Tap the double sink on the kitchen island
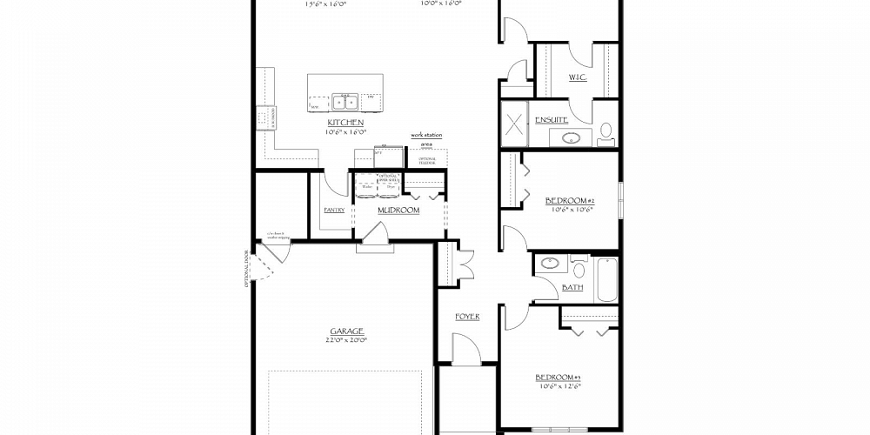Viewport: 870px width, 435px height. point(345,101)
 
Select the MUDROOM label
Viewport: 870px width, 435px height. point(398,210)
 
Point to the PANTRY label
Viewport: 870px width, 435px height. point(334,210)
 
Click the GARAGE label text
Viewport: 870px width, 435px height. point(345,331)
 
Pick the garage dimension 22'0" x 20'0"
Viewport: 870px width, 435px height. point(345,339)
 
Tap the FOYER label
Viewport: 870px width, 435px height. point(467,316)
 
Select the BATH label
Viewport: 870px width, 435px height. point(572,286)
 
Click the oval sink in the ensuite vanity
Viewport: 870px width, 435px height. point(574,137)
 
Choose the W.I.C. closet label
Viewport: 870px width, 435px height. point(578,77)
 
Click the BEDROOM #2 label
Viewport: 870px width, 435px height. point(569,201)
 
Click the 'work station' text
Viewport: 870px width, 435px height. point(427,136)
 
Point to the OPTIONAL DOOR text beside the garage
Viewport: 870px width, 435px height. point(247,268)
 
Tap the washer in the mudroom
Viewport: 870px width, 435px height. point(366,184)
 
